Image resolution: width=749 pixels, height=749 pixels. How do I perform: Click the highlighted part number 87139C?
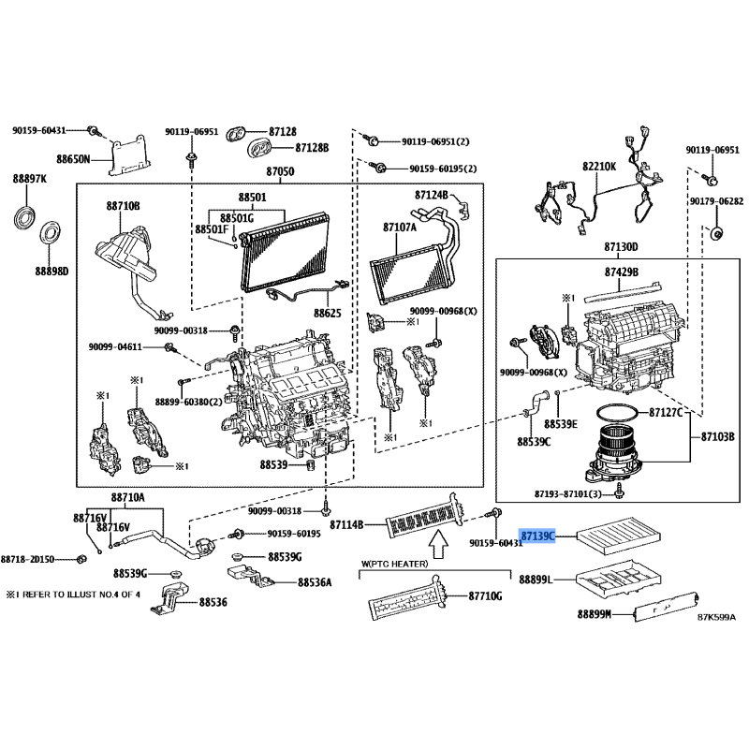coord(538,536)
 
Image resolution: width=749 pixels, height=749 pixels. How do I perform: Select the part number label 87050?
coord(280,172)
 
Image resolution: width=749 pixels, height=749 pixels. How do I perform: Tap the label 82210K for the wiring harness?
coord(599,167)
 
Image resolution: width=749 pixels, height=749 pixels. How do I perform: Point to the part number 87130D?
coord(620,247)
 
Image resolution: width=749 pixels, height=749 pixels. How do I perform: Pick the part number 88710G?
coord(486,596)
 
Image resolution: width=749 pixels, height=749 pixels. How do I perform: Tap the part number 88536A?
coord(315,582)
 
